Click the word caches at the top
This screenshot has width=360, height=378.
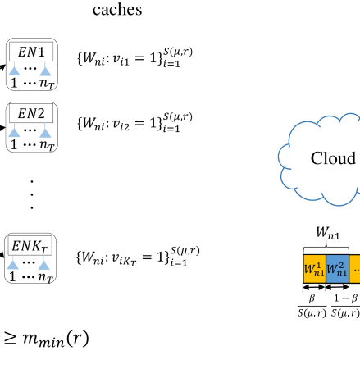[117, 10]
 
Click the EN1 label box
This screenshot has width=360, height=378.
[31, 52]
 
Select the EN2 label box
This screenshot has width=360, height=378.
[31, 113]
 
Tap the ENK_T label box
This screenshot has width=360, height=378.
[30, 246]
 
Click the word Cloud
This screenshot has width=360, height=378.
[333, 158]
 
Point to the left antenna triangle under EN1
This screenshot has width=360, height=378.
[14, 71]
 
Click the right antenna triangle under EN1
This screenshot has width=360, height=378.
[45, 71]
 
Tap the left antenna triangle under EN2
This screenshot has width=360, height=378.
[14, 132]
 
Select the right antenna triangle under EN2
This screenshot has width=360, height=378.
[45, 132]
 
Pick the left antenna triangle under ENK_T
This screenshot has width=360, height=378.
[13, 265]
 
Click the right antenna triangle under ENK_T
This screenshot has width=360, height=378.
[44, 265]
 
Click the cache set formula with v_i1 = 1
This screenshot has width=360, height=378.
[135, 57]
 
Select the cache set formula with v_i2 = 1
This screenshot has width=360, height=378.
[135, 122]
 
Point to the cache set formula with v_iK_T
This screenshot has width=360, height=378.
[138, 256]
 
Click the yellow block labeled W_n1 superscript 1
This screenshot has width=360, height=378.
[314, 269]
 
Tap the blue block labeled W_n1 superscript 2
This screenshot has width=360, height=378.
[337, 269]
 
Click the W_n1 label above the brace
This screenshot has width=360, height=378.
[328, 233]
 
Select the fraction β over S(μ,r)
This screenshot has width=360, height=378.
[312, 306]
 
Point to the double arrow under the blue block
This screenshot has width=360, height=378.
[337, 287]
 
